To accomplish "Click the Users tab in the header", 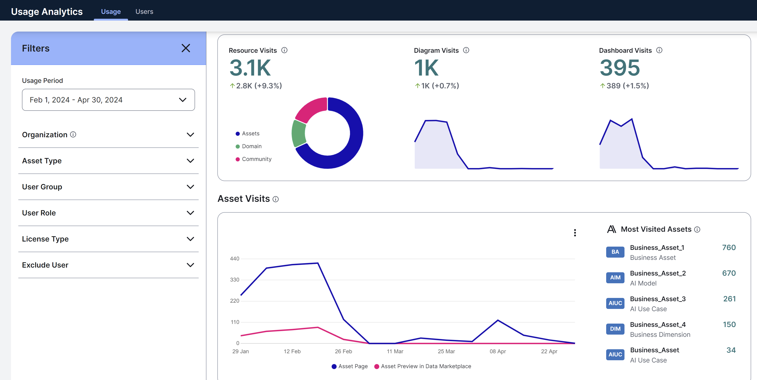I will point(144,11).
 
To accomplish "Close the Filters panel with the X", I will point(186,48).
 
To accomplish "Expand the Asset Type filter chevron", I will point(190,161).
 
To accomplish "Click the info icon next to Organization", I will point(73,135).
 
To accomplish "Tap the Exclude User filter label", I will point(45,265).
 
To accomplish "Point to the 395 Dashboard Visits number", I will point(619,68).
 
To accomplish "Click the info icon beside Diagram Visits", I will point(466,50).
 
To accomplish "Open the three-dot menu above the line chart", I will point(575,233).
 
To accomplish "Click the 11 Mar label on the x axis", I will point(395,351).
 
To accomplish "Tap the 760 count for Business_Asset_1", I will point(729,248).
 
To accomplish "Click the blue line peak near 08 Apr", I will point(498,320).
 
